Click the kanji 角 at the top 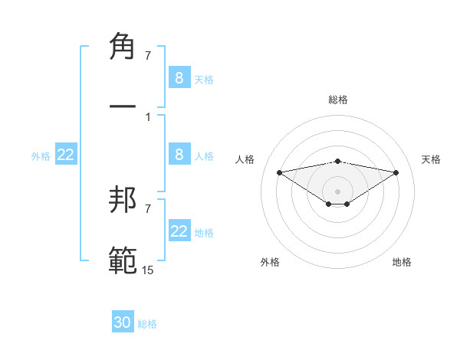[123, 47]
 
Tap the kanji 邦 [123, 201]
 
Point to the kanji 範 [123, 260]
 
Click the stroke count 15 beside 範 [148, 270]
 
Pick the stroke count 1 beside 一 [148, 116]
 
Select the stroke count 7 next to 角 [148, 55]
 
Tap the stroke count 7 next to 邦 [148, 208]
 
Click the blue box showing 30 [123, 322]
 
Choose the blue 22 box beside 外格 [66, 155]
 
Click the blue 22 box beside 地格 [179, 231]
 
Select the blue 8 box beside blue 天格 [179, 78]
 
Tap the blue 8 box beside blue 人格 [179, 155]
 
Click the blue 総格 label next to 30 [147, 324]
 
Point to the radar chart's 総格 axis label [338, 100]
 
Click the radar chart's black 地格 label [402, 262]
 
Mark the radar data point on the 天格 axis [396, 172]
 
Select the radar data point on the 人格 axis [279, 172]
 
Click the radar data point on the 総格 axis [338, 161]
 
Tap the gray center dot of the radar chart [338, 191]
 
